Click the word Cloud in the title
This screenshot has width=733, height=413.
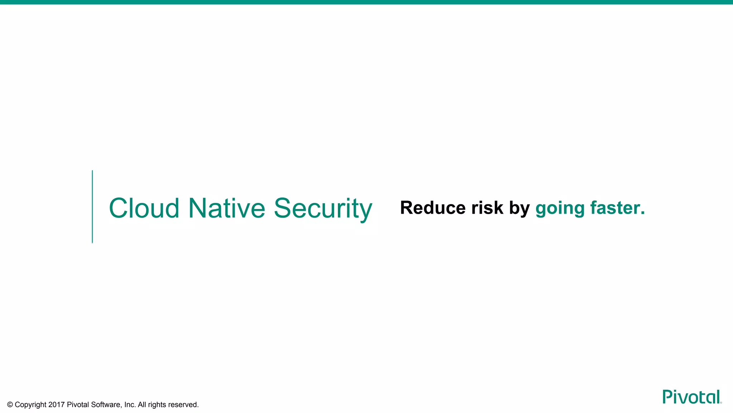[144, 208]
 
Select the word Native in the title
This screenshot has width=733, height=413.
[227, 208]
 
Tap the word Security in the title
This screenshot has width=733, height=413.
[323, 209]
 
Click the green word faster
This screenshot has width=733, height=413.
[617, 208]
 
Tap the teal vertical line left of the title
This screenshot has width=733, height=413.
[92, 207]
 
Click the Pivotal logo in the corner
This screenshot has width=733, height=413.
[691, 397]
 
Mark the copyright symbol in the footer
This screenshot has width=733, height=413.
[10, 405]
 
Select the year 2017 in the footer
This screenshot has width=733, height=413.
[56, 405]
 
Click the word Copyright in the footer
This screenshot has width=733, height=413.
[30, 405]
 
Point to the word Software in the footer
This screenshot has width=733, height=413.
[106, 405]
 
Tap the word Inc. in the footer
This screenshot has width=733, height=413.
[130, 405]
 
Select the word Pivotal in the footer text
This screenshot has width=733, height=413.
[78, 405]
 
